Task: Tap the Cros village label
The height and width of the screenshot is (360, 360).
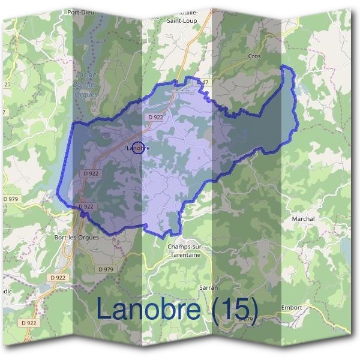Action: click(x=254, y=56)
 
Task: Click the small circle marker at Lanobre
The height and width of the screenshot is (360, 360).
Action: click(x=138, y=148)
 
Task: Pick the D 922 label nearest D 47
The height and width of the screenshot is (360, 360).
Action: click(x=155, y=118)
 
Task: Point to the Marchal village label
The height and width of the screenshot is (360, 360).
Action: click(x=303, y=219)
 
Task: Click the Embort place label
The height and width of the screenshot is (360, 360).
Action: click(x=292, y=307)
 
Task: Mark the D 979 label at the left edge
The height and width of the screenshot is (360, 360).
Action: click(x=10, y=199)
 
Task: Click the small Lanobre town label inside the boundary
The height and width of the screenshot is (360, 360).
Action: click(x=138, y=148)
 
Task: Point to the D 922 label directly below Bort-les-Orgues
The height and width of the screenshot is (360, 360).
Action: click(x=58, y=277)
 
